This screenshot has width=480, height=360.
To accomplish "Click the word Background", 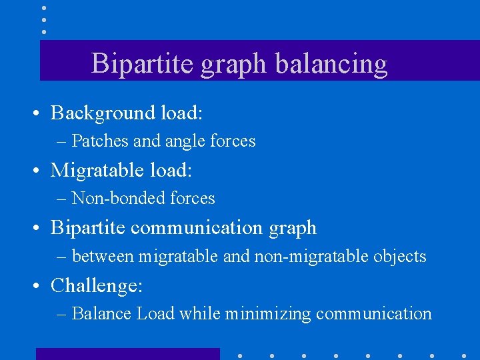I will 103,113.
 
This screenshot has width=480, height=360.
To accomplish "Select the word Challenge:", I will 97,285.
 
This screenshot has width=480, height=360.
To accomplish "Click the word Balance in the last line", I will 101,313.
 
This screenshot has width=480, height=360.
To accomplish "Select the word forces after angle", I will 233,141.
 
